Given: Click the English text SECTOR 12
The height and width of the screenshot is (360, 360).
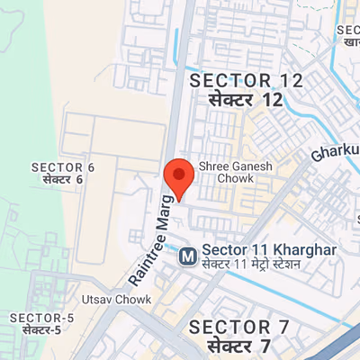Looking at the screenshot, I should [x=246, y=82].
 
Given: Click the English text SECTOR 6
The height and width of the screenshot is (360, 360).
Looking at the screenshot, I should [x=62, y=167].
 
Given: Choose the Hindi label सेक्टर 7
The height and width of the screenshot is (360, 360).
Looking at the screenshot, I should [x=238, y=346].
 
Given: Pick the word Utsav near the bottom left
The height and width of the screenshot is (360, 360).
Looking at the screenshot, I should [x=96, y=299].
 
